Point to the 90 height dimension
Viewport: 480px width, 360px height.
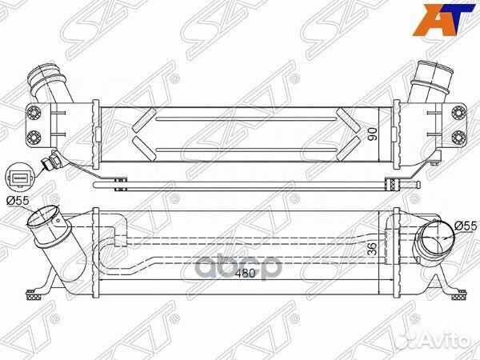pos(370,134)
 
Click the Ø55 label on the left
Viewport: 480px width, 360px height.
pos(18,201)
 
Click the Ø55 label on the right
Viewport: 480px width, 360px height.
pos(462,226)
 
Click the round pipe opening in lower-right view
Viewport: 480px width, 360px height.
pos(432,238)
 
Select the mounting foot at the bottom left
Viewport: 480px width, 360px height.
pos(38,293)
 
